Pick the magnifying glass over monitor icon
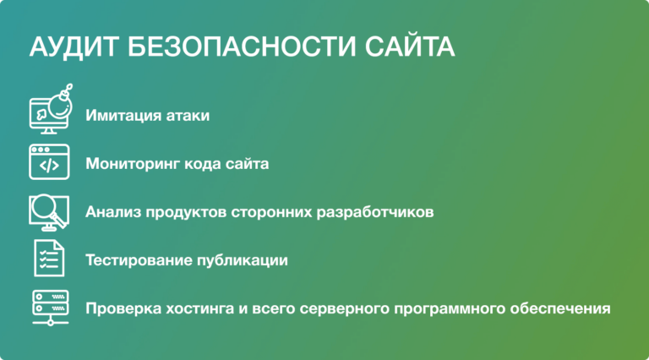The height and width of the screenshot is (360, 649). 48,210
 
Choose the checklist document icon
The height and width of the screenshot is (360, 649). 49,258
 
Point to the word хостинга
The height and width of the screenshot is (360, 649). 199,308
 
